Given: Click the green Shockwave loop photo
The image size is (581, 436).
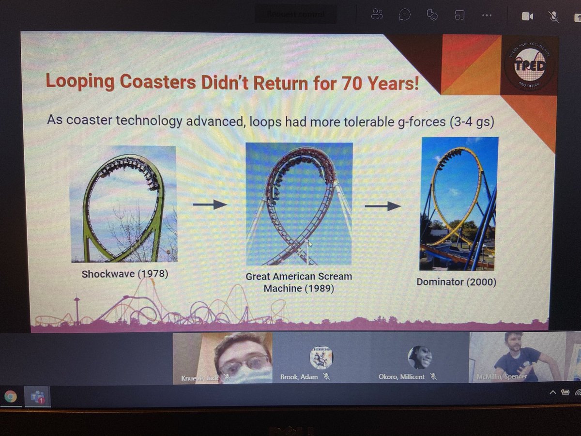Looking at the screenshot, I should click(123, 204).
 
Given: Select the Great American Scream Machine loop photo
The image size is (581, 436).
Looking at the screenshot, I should click(299, 203).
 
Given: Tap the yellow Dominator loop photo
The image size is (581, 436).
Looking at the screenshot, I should click(459, 203).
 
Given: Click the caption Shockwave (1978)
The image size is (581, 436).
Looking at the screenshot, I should click(124, 274).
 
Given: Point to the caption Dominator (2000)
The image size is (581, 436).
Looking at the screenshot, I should click(456, 281).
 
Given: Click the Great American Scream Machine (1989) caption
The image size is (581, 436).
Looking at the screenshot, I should click(299, 282).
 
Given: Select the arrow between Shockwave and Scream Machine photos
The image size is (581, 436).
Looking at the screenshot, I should click(210, 205).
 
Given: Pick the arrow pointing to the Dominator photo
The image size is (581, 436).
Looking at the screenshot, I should click(382, 206).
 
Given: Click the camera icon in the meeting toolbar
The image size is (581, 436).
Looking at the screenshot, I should click(527, 16).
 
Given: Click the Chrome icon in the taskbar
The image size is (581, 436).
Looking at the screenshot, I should click(10, 397).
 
